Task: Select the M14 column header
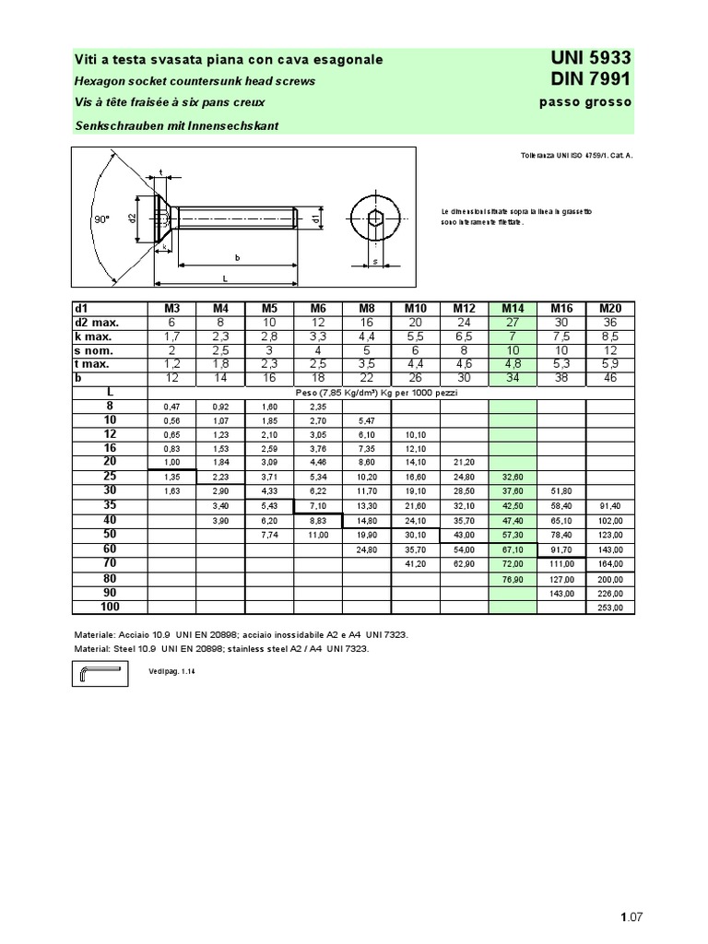[x=513, y=309]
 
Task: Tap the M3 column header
[x=171, y=309]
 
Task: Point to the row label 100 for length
[x=110, y=607]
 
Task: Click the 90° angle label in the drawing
[x=101, y=219]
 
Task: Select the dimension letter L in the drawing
[x=224, y=277]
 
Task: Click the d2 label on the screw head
[x=132, y=218]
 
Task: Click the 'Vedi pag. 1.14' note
[x=171, y=673]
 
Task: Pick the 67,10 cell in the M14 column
[x=513, y=549]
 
